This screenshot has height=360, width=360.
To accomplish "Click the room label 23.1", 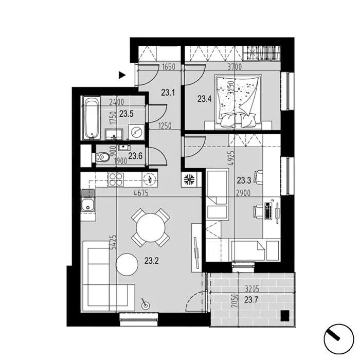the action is tap(168, 93).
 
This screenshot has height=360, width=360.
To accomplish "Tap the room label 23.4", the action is tap(204, 99).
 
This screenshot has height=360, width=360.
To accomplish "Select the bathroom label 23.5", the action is tap(127, 114).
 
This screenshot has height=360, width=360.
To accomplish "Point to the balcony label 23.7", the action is tap(251, 300).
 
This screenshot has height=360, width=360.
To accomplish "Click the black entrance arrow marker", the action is tap(122, 75).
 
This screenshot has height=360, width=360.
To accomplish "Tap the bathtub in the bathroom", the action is tap(92, 118).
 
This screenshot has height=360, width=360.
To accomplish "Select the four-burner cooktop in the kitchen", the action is tap(116, 179).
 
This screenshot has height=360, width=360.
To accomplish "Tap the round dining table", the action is tap(151, 228).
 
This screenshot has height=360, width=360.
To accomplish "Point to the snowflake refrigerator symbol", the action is tap(189, 178).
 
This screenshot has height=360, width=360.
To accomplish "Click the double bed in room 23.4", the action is tap(238, 101).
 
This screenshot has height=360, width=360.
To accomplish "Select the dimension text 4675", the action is tap(141, 193).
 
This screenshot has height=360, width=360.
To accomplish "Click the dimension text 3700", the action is tap(235, 67).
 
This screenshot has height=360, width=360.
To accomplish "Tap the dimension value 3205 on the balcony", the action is tap(252, 289).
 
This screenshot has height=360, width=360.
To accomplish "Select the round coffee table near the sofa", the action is tap(127, 264).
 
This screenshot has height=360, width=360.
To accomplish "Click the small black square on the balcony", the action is tap(285, 316).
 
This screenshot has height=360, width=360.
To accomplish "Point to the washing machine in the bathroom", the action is tap(136, 132).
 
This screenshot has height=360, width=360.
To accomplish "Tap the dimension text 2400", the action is tap(116, 102).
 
